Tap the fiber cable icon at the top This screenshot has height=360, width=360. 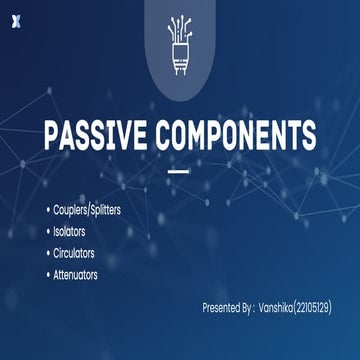pos(179,44)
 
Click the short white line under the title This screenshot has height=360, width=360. pos(178,171)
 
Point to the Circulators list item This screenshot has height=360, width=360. pos(78,253)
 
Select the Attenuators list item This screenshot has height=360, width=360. pos(79,274)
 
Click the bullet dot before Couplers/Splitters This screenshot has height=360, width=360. pos(46,211)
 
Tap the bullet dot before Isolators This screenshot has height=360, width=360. pos(46,232)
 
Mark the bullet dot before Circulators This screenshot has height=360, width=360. pos(46,253)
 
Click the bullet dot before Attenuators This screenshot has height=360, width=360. pos(46,274)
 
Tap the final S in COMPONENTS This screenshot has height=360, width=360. pos(309,136)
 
